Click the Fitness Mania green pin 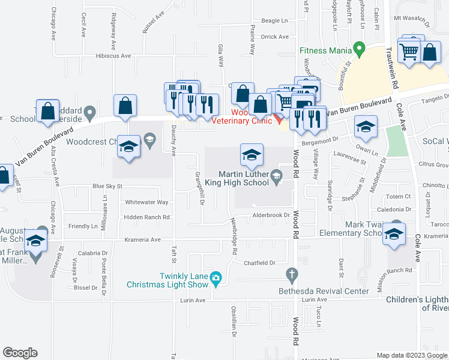pos(359,47)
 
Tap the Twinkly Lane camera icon pos(216,277)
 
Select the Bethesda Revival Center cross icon pos(292,276)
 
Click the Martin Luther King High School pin pos(276,175)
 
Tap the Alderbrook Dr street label pos(271,215)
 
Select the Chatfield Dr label pos(259,263)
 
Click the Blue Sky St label pos(107,187)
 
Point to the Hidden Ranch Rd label pos(147,217)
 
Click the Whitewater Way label pos(147,203)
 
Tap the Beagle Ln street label pos(275,20)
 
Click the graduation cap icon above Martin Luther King pos(252,155)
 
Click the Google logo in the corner pos(20,353)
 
